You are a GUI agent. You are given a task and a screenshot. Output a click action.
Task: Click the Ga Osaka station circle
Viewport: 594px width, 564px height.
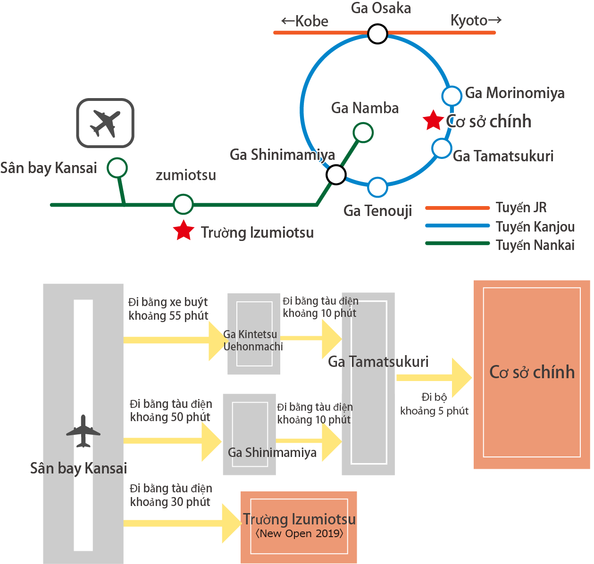[x=377, y=34]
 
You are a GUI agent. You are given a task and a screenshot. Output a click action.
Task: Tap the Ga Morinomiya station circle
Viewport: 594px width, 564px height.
[x=452, y=96]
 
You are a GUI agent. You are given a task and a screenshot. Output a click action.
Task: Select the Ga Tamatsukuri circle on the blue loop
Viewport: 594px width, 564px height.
[x=442, y=149]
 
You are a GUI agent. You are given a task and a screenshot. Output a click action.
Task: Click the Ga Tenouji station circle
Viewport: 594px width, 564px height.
[x=377, y=187]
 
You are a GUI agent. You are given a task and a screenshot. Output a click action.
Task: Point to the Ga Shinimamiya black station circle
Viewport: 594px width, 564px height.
[x=336, y=174]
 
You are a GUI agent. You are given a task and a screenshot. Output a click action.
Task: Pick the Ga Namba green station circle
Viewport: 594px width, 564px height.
[x=363, y=133]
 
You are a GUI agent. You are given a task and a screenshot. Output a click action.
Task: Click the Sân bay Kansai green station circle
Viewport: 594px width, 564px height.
[x=117, y=167]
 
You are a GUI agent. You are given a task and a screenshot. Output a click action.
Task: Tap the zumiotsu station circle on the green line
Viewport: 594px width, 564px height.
[x=183, y=204]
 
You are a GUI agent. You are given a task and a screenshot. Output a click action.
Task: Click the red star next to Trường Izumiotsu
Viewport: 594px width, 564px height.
[x=184, y=230]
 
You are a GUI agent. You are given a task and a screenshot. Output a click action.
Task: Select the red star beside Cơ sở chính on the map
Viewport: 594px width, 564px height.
[x=433, y=120]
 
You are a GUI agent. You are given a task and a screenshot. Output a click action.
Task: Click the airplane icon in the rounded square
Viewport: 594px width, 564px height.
[x=105, y=123]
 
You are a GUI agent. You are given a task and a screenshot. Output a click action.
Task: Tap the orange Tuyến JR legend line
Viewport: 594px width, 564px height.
[x=457, y=207]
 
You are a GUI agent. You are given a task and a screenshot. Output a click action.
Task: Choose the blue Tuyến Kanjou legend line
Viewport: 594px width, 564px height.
[x=457, y=226]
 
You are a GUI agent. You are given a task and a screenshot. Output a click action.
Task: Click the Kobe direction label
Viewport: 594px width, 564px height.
[x=305, y=21]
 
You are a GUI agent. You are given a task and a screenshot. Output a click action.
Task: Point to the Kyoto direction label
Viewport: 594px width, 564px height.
[x=476, y=20]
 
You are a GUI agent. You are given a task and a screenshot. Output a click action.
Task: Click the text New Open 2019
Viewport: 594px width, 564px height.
[x=299, y=534]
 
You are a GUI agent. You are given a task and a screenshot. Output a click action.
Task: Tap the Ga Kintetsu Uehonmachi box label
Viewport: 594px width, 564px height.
[x=253, y=340]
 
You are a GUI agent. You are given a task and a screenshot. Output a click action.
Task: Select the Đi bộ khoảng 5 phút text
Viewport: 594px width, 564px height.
[x=434, y=404]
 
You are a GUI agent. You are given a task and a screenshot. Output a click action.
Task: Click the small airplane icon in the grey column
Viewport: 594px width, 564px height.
[x=83, y=431]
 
